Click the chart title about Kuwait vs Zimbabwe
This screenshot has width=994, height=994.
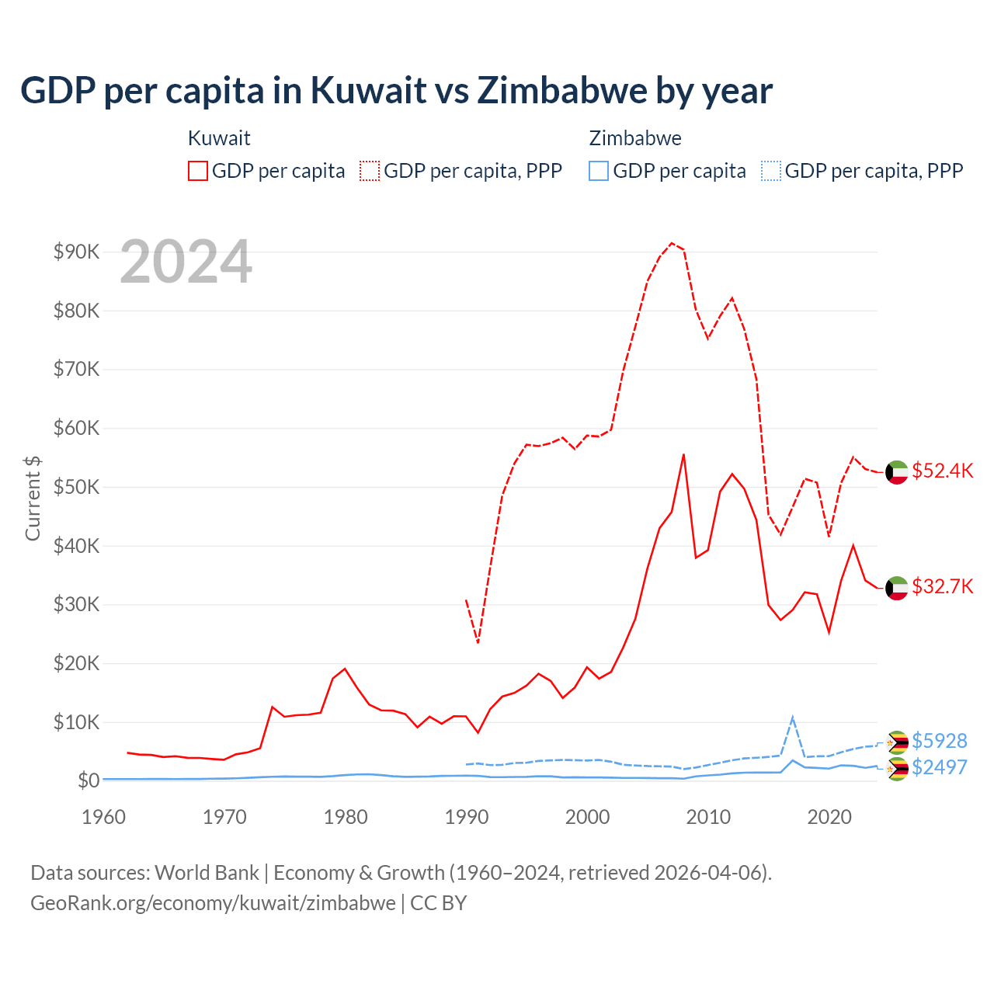396,91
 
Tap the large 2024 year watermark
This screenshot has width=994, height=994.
186,262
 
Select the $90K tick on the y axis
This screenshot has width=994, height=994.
77,252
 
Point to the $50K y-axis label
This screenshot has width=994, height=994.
77,487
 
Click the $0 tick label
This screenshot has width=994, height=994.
89,780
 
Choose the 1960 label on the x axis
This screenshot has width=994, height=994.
104,817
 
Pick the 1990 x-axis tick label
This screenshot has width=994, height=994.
467,817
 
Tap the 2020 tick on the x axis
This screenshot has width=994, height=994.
829,817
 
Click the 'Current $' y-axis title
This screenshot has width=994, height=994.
33,498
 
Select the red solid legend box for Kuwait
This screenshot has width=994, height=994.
198,171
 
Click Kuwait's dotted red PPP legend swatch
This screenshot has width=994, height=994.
370,171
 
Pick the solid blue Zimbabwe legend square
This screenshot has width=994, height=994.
599,171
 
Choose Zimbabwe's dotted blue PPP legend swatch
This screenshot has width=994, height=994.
771,171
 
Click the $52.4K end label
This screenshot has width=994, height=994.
942,471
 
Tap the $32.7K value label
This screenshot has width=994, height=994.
942,586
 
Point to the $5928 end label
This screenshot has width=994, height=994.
939,741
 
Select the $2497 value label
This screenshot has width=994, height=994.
939,767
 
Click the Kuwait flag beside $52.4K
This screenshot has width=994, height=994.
897,472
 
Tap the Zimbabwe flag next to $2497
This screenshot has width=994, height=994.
897,770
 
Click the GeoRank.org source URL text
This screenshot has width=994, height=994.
213,903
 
